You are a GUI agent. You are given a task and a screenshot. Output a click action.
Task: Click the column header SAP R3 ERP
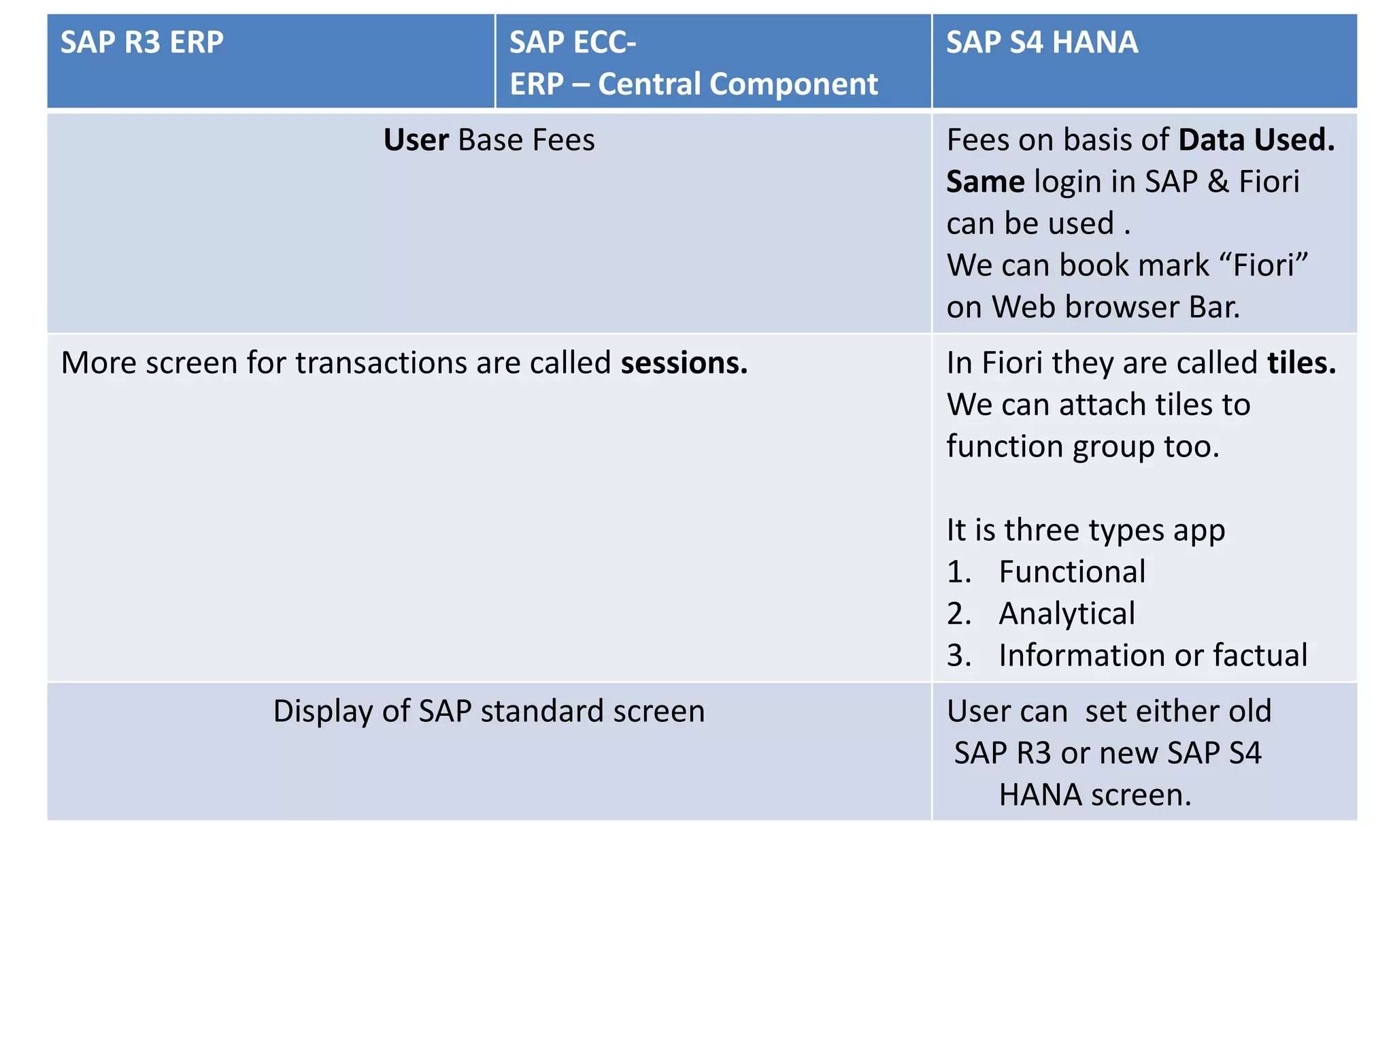click(x=141, y=42)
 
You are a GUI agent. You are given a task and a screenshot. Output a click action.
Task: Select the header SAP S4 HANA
click(x=1041, y=42)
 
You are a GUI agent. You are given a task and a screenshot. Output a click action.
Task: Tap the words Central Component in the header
click(x=737, y=84)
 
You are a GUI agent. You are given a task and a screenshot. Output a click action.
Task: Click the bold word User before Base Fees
click(x=415, y=140)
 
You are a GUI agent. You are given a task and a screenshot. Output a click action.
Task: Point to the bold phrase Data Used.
click(x=1256, y=140)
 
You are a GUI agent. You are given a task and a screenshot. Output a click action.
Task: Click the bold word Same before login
click(x=985, y=182)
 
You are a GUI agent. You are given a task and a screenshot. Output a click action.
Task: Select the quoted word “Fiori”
click(x=1264, y=265)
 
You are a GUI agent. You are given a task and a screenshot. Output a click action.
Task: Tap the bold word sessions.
click(x=684, y=363)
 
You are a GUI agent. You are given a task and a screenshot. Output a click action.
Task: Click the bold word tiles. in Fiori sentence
click(x=1301, y=363)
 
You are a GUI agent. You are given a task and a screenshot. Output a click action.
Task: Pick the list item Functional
click(x=1072, y=571)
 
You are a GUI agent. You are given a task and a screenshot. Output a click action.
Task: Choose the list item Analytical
click(x=1067, y=614)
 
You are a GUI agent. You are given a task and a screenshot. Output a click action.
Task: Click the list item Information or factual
click(x=1152, y=655)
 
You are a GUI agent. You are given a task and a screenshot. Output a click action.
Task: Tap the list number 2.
click(x=958, y=614)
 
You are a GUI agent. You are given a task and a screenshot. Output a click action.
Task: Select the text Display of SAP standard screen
click(x=488, y=711)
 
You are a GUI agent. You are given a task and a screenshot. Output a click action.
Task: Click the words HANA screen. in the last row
click(x=1094, y=795)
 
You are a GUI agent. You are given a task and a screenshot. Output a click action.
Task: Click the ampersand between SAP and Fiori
click(x=1218, y=182)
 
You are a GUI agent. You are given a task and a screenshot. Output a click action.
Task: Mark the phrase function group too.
click(x=1082, y=447)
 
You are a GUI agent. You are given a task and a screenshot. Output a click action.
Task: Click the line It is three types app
click(x=1086, y=530)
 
